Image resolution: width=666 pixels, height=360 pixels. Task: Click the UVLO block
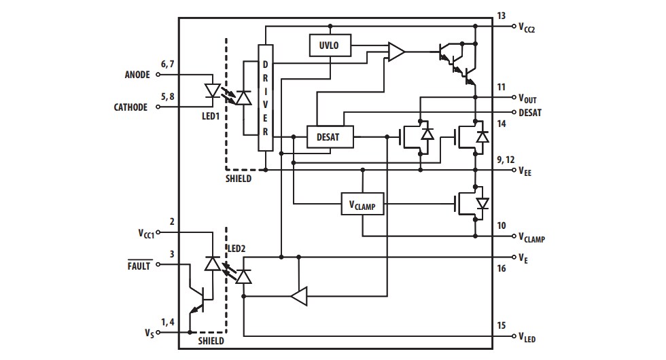pos(329,46)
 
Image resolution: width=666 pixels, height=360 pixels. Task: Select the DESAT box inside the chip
pos(332,137)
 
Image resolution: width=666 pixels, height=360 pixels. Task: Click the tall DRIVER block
pos(265,98)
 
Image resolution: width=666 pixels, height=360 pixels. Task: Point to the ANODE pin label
pos(137,75)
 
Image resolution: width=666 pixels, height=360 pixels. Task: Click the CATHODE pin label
pos(130,107)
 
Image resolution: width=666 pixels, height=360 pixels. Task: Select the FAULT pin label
pos(139,266)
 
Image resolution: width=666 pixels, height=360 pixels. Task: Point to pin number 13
pos(502,15)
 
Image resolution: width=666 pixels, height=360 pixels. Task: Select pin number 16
pos(502,270)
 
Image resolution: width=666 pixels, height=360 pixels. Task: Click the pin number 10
pos(502,225)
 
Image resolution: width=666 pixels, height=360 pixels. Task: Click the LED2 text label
pos(236,249)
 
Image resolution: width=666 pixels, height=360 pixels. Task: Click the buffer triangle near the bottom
pos(299,296)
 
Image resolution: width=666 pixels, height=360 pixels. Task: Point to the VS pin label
pos(149,334)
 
